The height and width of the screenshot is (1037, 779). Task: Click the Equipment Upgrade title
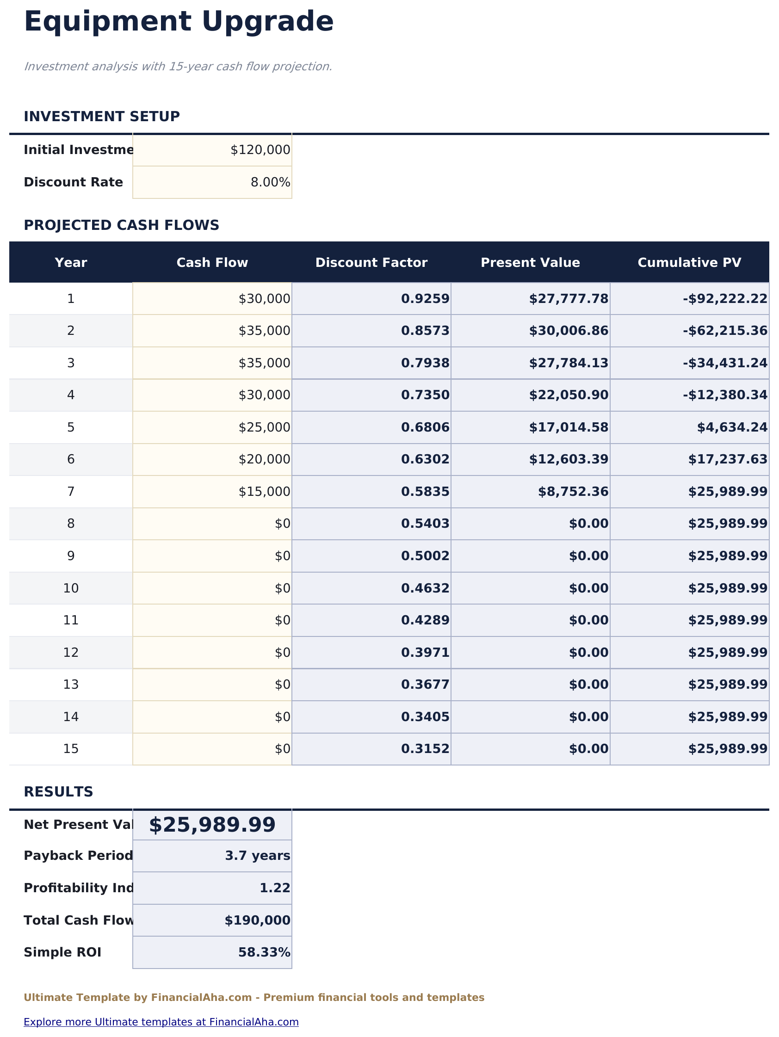coord(179,22)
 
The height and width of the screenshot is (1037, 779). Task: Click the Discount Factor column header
coord(371,263)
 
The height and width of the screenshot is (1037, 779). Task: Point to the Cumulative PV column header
coord(689,263)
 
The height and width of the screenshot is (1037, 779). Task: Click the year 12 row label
coord(71,653)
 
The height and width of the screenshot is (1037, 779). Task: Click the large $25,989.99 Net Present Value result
coord(212,825)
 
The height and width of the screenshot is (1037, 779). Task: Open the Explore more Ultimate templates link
coord(161,1022)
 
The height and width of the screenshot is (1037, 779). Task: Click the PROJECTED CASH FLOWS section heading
coord(122,226)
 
